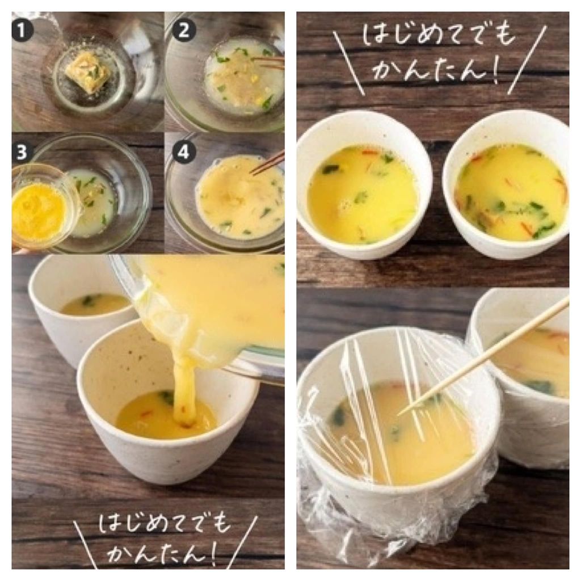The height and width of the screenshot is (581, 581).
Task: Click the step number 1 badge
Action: tap(22, 31)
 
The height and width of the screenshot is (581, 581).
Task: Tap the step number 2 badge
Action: tap(184, 30)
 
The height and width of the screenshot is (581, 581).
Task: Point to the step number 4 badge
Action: tap(184, 152)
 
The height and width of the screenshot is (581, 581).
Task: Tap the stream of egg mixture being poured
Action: tap(183, 389)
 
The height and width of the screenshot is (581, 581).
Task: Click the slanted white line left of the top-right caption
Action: tap(348, 63)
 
